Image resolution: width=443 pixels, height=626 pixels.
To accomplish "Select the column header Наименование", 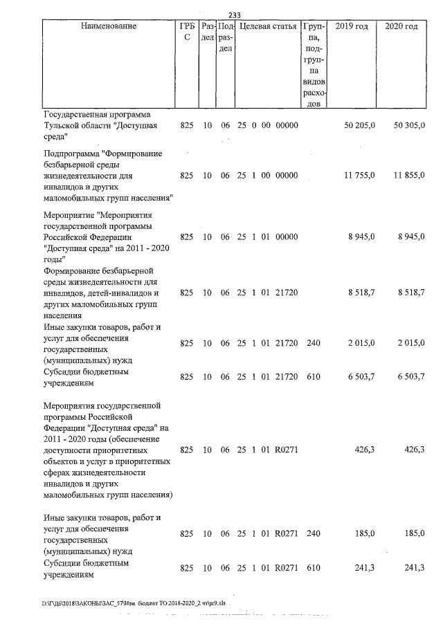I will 108,26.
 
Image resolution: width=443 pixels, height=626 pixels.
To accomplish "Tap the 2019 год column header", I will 351,26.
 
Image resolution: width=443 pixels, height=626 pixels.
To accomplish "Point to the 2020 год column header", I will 401,26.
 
